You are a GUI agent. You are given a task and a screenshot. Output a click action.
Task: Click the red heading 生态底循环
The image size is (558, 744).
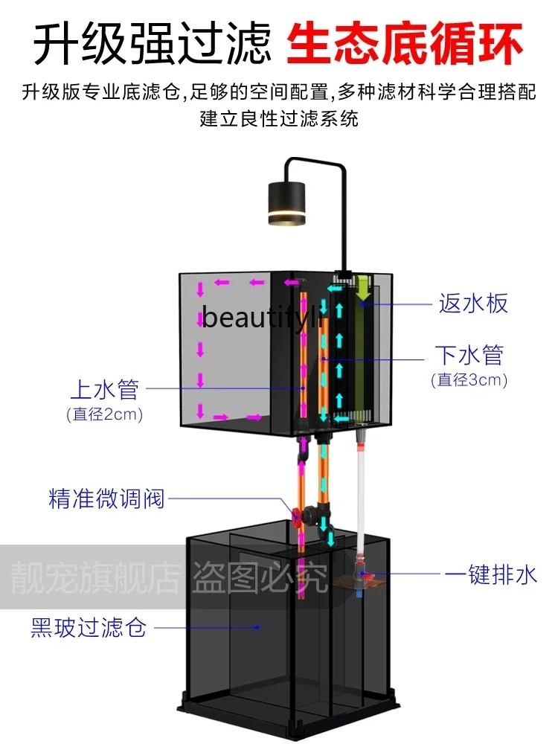[405, 43]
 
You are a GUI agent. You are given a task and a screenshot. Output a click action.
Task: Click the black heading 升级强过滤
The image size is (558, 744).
[153, 43]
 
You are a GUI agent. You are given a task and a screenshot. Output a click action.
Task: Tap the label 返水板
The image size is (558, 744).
[473, 304]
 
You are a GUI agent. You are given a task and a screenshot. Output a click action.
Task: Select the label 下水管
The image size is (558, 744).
[469, 355]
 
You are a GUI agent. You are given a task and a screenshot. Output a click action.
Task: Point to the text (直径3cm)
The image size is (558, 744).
[469, 380]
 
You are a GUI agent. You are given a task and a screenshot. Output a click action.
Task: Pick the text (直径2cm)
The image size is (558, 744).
[104, 414]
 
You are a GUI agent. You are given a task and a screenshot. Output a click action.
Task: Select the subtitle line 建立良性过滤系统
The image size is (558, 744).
[279, 119]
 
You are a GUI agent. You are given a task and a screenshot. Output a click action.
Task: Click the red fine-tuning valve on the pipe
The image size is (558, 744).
[298, 514]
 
